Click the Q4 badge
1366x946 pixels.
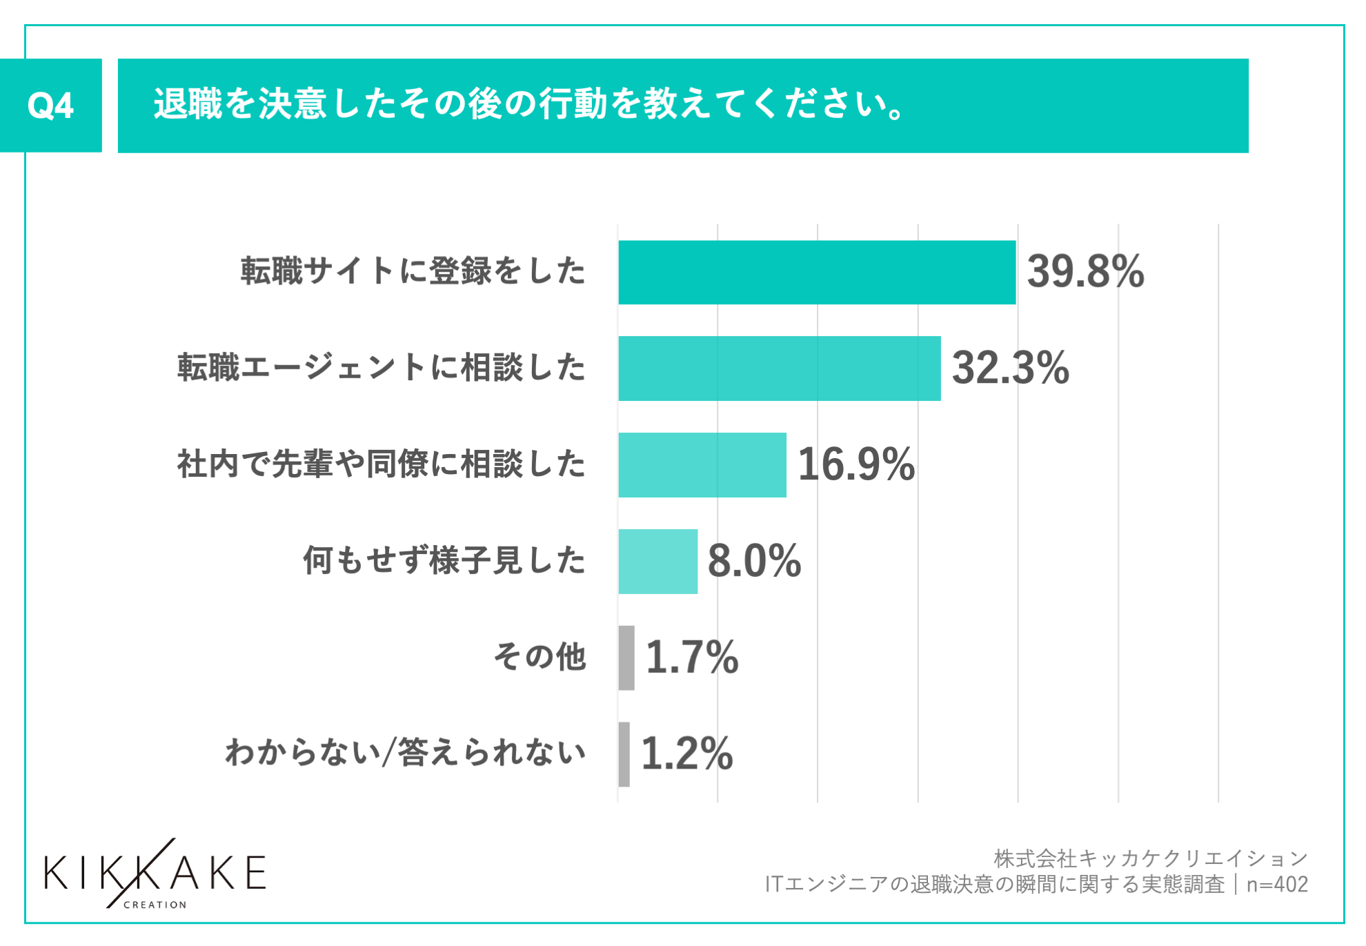[x=50, y=106]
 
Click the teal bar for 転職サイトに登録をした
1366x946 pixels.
[x=817, y=272]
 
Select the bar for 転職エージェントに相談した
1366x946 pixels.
[x=779, y=368]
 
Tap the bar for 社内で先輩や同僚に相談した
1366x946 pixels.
[x=702, y=465]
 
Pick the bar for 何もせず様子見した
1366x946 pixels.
[x=657, y=561]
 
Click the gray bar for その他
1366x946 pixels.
[x=626, y=658]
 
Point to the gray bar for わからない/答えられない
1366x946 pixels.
[x=624, y=754]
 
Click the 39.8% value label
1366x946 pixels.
[x=1085, y=271]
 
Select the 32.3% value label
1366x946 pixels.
[x=1010, y=368]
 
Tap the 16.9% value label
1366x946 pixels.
[x=856, y=464]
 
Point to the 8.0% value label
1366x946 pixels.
[x=754, y=560]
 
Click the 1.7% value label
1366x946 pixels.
[x=692, y=657]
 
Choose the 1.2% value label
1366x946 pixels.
[x=687, y=753]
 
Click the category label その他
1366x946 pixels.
[x=540, y=656]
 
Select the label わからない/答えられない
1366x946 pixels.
[x=406, y=753]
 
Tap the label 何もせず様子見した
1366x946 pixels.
[x=444, y=560]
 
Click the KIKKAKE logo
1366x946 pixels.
[x=155, y=874]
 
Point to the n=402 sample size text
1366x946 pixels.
[x=1277, y=885]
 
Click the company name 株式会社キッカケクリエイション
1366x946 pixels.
[x=1150, y=858]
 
